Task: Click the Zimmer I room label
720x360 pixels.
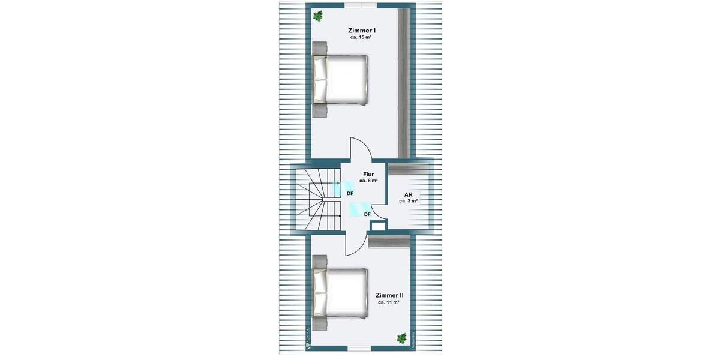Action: pos(362,29)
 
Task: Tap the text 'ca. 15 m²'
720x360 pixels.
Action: pos(362,37)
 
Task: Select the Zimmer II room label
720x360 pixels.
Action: pos(389,295)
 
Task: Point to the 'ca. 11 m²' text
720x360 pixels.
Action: pos(389,303)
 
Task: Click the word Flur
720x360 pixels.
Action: pos(368,174)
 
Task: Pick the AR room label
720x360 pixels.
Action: pos(408,194)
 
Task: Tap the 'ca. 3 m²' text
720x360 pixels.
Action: pos(408,202)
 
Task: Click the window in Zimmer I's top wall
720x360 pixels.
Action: pos(361,5)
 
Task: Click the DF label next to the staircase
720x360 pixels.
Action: pos(350,193)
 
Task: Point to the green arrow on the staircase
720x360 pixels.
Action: pos(337,183)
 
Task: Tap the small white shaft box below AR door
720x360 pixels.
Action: pos(379,226)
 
